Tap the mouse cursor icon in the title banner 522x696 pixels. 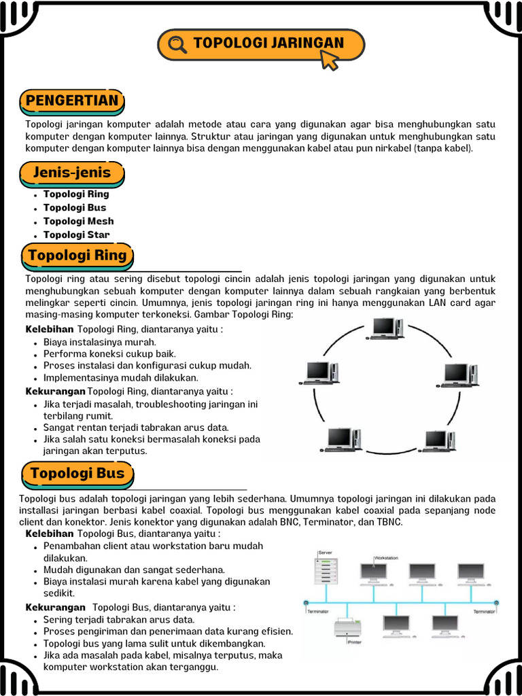click(x=329, y=60)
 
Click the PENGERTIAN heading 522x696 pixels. click(x=72, y=101)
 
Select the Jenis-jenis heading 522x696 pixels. click(x=72, y=173)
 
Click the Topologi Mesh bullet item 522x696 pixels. click(x=78, y=221)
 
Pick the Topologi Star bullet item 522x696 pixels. click(x=76, y=234)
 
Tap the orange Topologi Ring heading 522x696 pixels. click(x=77, y=256)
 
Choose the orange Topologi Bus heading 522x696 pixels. click(x=77, y=473)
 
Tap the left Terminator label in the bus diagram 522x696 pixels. click(x=318, y=612)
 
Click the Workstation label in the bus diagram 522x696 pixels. click(x=386, y=558)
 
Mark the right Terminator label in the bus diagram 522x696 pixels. click(x=484, y=612)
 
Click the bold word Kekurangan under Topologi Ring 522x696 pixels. click(x=56, y=391)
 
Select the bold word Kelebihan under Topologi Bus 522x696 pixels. click(x=50, y=534)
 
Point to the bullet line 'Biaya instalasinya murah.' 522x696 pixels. click(x=100, y=342)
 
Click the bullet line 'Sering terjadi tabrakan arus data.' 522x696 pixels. click(x=119, y=619)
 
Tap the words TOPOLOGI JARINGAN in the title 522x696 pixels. click(x=268, y=43)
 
